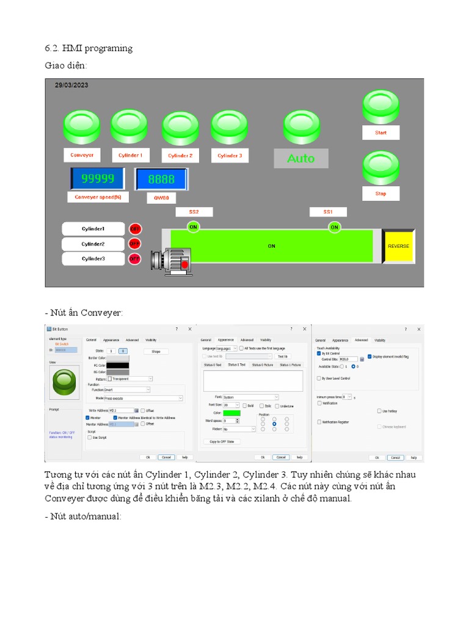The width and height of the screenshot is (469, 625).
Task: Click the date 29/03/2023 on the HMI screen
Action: (71, 85)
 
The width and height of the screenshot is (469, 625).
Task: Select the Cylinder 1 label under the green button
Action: (130, 156)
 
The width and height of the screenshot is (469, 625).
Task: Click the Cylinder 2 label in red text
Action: (180, 156)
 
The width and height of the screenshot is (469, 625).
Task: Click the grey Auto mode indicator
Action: (300, 159)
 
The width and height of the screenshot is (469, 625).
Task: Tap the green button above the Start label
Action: (380, 107)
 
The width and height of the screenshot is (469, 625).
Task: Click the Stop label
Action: (380, 194)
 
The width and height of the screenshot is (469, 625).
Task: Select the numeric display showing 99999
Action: (98, 179)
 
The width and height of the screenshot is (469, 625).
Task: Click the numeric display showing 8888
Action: (161, 179)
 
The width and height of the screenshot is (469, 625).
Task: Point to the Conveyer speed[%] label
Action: (98, 197)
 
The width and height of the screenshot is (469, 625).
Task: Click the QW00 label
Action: (161, 198)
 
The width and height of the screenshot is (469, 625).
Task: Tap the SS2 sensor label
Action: (194, 212)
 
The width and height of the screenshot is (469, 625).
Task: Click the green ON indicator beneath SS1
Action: (334, 227)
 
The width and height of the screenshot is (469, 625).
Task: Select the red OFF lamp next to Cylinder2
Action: (134, 244)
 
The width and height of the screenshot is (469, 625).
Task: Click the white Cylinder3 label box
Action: (93, 259)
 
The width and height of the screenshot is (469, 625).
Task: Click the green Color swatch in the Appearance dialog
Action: (231, 413)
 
